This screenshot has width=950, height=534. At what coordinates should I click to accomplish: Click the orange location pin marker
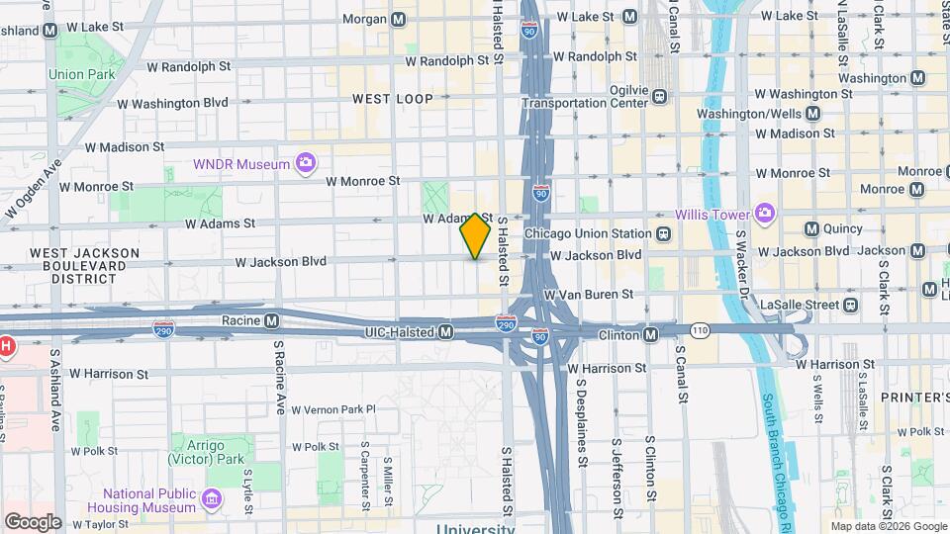(x=476, y=235)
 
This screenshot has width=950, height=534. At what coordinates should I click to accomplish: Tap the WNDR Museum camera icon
(x=306, y=163)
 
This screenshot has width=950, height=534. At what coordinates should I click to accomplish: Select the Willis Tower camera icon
(x=764, y=214)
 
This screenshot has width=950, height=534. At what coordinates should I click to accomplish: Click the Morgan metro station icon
(x=399, y=19)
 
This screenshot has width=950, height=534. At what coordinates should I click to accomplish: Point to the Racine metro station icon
(x=270, y=320)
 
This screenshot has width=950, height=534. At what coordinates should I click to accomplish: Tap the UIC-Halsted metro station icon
(x=446, y=331)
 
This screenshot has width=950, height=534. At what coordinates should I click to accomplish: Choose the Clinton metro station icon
(x=650, y=335)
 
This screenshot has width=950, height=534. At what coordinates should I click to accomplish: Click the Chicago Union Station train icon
(x=662, y=234)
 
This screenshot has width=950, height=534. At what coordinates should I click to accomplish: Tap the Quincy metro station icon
(x=811, y=229)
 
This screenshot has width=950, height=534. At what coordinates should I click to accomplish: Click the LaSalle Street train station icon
(x=850, y=305)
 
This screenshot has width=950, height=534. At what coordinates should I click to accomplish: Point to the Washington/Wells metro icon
(x=812, y=114)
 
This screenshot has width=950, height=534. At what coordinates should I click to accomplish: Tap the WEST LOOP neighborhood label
(x=393, y=99)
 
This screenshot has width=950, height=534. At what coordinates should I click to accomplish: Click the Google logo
(x=33, y=521)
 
